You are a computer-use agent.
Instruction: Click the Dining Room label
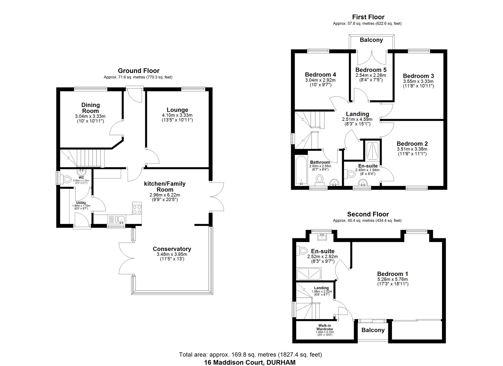pyautogui.click(x=90, y=108)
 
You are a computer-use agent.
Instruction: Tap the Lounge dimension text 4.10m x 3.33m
pyautogui.click(x=177, y=115)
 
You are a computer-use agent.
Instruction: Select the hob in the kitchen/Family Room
pyautogui.click(x=137, y=208)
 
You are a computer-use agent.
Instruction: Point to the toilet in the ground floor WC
pyautogui.click(x=66, y=180)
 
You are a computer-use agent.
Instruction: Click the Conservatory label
pyautogui.click(x=172, y=249)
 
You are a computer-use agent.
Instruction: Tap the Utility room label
pyautogui.click(x=81, y=203)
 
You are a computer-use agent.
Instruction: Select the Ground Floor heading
pyautogui.click(x=139, y=70)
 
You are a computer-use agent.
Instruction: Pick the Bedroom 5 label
pyautogui.click(x=371, y=70)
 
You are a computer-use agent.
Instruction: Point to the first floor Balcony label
pyautogui.click(x=371, y=40)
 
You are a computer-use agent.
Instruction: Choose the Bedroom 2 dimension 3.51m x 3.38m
pyautogui.click(x=412, y=149)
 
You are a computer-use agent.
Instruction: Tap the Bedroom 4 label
pyautogui.click(x=320, y=74)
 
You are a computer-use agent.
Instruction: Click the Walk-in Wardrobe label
pyautogui.click(x=324, y=327)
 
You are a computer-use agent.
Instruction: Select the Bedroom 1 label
pyautogui.click(x=393, y=274)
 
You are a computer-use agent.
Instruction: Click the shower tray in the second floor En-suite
pyautogui.click(x=309, y=274)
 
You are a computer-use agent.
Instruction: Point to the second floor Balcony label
pyautogui.click(x=373, y=330)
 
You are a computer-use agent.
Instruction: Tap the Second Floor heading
pyautogui.click(x=368, y=214)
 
